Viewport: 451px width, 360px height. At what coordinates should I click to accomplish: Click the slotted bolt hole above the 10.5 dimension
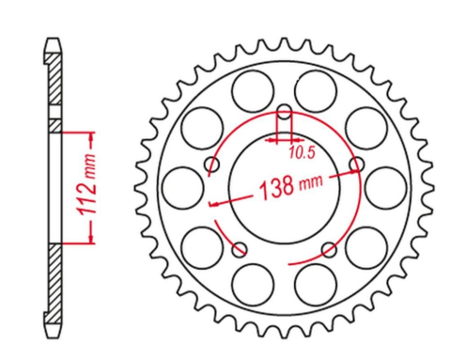point(284,119)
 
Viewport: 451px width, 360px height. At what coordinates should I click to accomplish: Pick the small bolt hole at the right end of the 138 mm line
point(356,165)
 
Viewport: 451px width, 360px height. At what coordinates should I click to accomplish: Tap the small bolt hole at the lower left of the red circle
point(241,249)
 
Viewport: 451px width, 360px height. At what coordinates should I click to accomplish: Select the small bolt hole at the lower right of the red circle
point(328,249)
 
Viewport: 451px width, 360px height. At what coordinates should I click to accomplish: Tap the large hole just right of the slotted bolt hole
point(317,92)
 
